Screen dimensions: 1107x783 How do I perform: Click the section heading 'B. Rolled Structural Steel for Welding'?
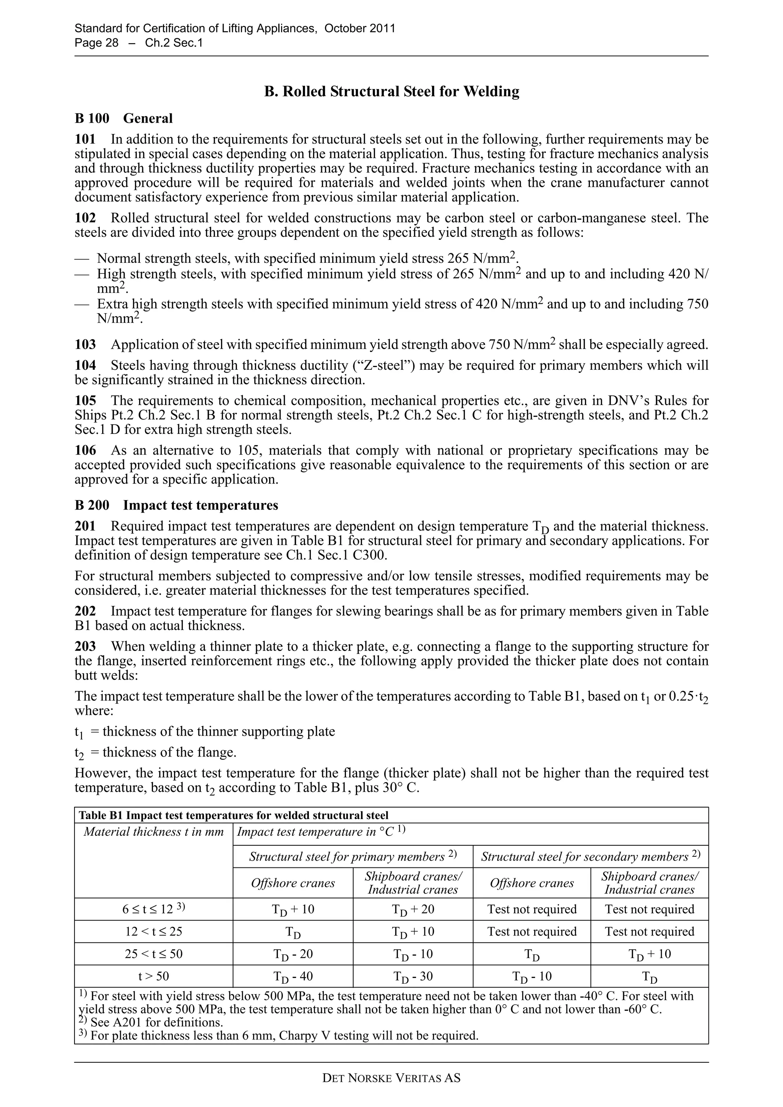coord(392,92)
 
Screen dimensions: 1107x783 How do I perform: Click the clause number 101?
coord(85,139)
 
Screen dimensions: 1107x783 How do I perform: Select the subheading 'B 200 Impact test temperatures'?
coord(177,505)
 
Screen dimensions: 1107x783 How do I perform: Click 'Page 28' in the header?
coord(96,43)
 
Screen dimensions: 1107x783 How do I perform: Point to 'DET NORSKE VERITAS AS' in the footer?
coord(391,1078)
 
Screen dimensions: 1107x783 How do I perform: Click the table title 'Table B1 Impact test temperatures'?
coord(234,815)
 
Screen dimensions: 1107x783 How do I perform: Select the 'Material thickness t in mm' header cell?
coord(153,832)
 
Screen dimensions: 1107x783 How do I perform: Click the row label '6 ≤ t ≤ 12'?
coord(153,909)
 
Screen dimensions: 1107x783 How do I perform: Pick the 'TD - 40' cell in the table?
coord(293,977)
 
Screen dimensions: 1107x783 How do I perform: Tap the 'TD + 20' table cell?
coord(413,909)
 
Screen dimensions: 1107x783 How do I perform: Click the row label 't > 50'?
coord(153,976)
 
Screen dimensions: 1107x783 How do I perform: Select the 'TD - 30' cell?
coord(413,977)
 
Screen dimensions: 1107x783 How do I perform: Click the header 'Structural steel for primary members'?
coord(353,857)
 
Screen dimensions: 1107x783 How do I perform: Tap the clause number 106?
coord(85,450)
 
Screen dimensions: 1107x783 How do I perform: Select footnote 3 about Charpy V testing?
coord(278,1035)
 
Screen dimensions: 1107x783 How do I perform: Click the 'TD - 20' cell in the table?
coord(293,954)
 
